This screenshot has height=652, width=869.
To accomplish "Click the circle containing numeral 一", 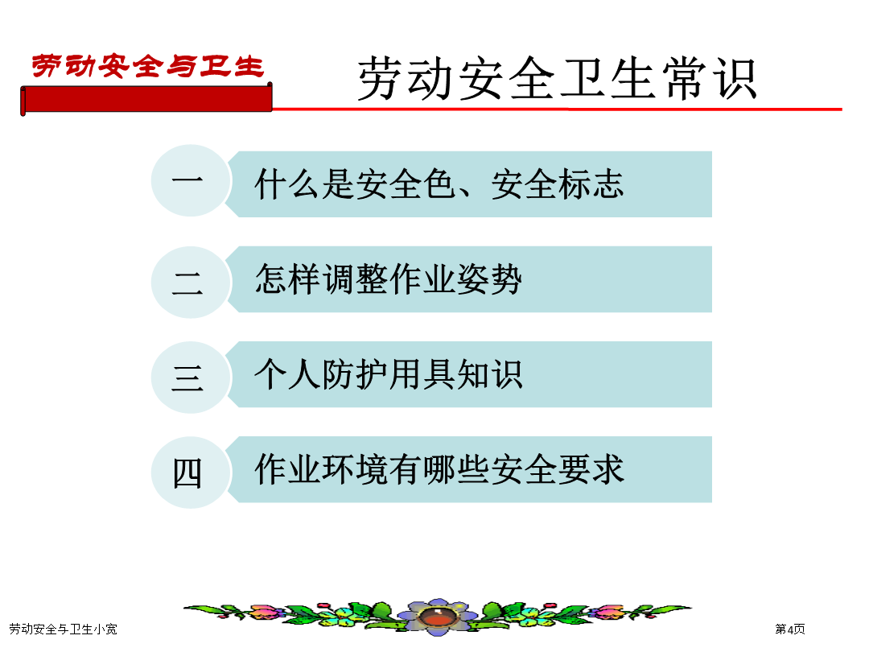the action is coord(191,180).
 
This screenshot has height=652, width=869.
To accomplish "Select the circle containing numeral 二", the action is coord(191,283).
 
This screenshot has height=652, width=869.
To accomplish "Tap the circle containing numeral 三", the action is coord(191,378).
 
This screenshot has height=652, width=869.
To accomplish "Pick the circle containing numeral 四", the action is coord(191,473).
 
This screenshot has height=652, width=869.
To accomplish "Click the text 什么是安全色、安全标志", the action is coord(439,184).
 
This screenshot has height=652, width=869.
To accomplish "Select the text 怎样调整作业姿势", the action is coord(389,279).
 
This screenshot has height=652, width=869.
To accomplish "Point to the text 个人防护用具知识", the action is coord(389,374).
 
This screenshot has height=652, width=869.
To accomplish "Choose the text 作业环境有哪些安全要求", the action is coord(439,469).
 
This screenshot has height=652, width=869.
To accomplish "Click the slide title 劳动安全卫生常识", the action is coord(558,79).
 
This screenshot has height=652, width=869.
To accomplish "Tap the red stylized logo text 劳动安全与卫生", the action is coord(147,66).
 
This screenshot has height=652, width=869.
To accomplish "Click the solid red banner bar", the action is coord(146,99).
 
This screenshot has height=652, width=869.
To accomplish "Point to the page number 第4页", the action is coord(790,629).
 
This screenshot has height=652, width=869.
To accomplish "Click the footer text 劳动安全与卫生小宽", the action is coord(64,629).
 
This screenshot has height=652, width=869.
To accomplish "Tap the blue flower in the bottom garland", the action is coord(438,616).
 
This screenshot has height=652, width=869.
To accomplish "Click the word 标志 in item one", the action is coord(591,184).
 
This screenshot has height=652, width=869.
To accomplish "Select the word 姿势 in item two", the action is coord(489,279).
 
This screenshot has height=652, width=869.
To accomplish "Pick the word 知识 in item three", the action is coord(489,374).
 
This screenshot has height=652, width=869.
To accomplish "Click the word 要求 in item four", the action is coord(591,469).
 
